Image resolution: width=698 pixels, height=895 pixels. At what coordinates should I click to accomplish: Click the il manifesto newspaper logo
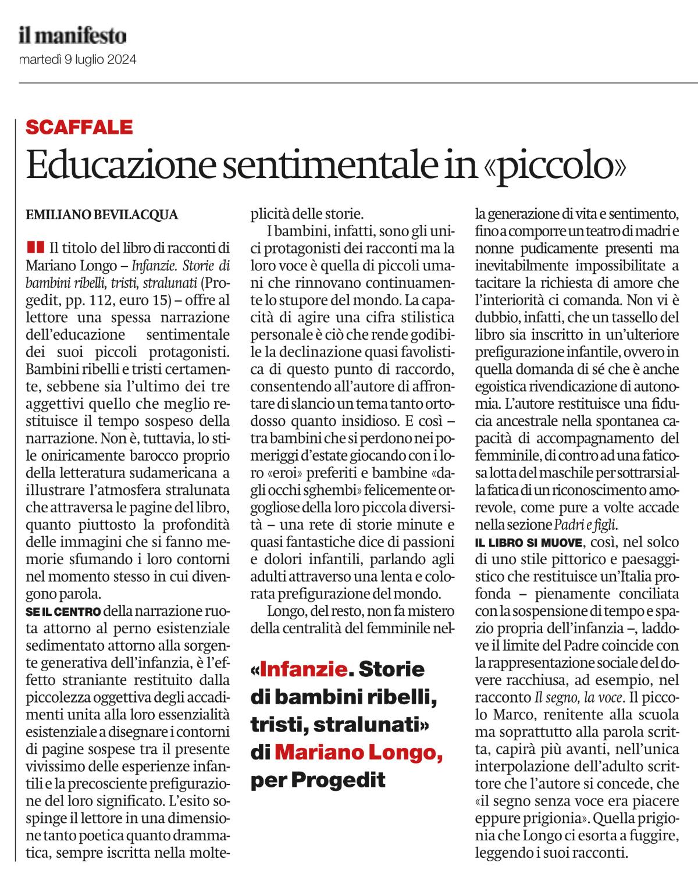[72, 37]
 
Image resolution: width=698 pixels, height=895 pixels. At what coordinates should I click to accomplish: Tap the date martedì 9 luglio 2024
[78, 59]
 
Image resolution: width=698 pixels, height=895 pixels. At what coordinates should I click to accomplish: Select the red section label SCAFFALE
[80, 127]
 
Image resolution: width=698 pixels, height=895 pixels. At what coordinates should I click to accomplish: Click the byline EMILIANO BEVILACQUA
[102, 215]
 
